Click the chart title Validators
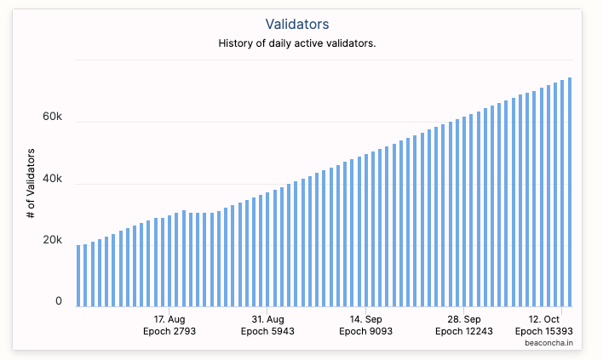point(297,24)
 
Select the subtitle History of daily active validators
point(297,43)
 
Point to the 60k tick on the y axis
point(52,117)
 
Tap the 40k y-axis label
point(52,179)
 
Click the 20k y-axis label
point(52,240)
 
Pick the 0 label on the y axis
point(59,301)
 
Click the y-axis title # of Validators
point(31,183)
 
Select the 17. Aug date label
point(169,319)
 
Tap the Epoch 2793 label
point(169,331)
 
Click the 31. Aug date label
point(267,319)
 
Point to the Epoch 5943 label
point(267,331)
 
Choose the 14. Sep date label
point(365,319)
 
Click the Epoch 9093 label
point(365,331)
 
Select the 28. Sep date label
point(464,319)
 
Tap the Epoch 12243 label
point(464,331)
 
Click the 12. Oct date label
point(543,319)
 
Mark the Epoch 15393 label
point(543,331)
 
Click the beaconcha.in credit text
point(548,343)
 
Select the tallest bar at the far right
point(570,192)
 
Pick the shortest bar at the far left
point(78,276)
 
